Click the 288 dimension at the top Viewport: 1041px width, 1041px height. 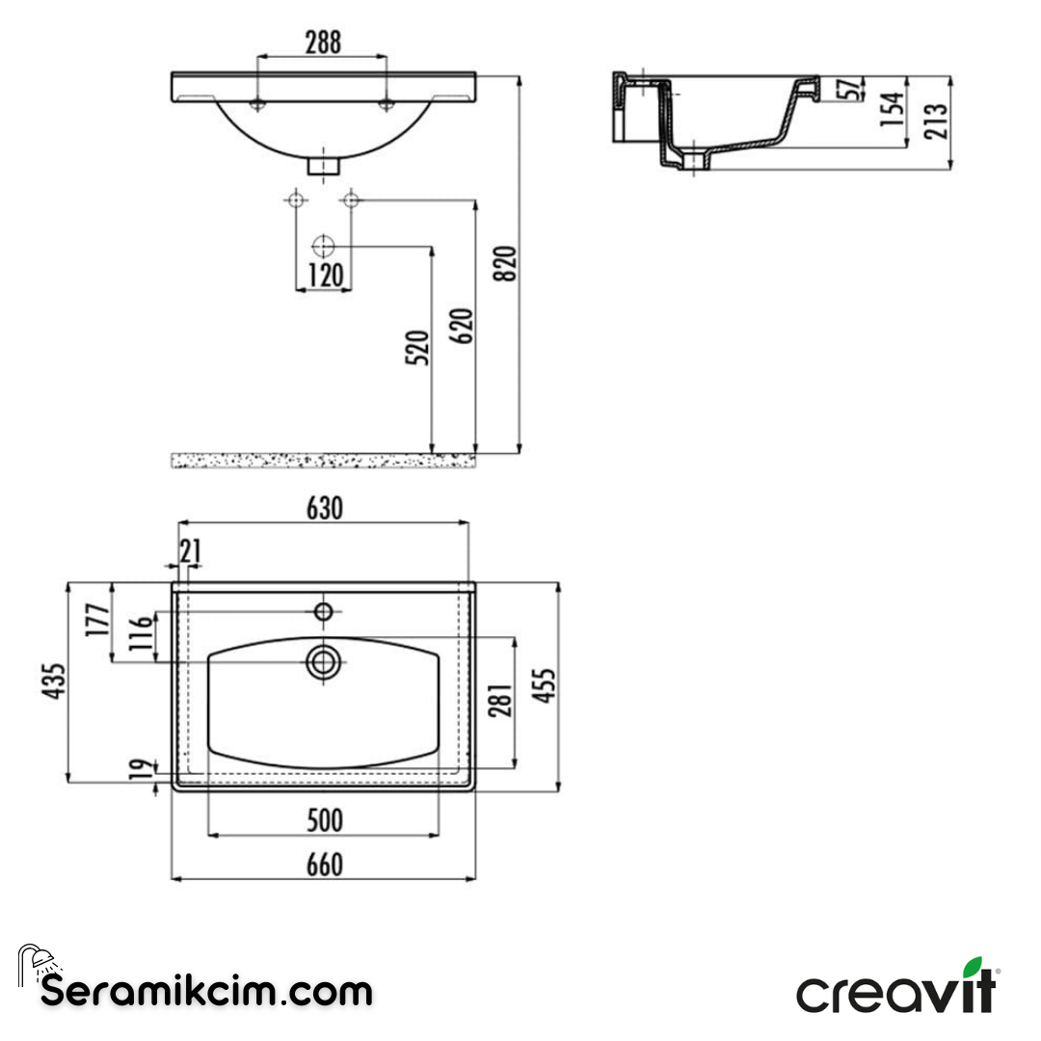tap(323, 43)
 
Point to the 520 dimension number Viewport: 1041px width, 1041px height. tap(417, 348)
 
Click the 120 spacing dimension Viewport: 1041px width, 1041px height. tap(325, 277)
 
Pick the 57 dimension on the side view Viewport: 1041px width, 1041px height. tap(848, 89)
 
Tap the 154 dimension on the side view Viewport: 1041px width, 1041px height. tap(894, 110)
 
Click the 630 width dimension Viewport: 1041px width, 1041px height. tap(324, 509)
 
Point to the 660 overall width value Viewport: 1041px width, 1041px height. tap(324, 866)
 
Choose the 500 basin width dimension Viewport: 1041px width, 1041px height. tap(324, 821)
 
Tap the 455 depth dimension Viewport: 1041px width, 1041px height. tap(546, 685)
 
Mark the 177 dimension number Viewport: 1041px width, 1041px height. tap(95, 621)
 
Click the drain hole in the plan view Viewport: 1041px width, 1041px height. tap(323, 661)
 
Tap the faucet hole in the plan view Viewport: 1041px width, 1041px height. tap(324, 610)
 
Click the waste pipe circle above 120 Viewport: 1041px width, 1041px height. tap(324, 245)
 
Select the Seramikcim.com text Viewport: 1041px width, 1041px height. tap(205, 990)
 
